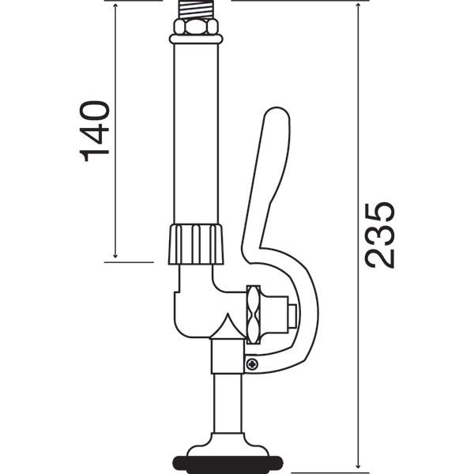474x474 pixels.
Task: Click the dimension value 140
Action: (x=95, y=130)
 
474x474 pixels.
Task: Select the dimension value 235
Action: (x=380, y=235)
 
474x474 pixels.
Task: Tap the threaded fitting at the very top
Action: (x=195, y=9)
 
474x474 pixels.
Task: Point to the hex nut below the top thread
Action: (x=195, y=26)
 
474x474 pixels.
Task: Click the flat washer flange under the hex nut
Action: (x=195, y=38)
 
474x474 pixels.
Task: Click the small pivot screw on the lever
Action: (x=252, y=363)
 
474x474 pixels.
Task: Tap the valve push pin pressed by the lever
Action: (x=293, y=317)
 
